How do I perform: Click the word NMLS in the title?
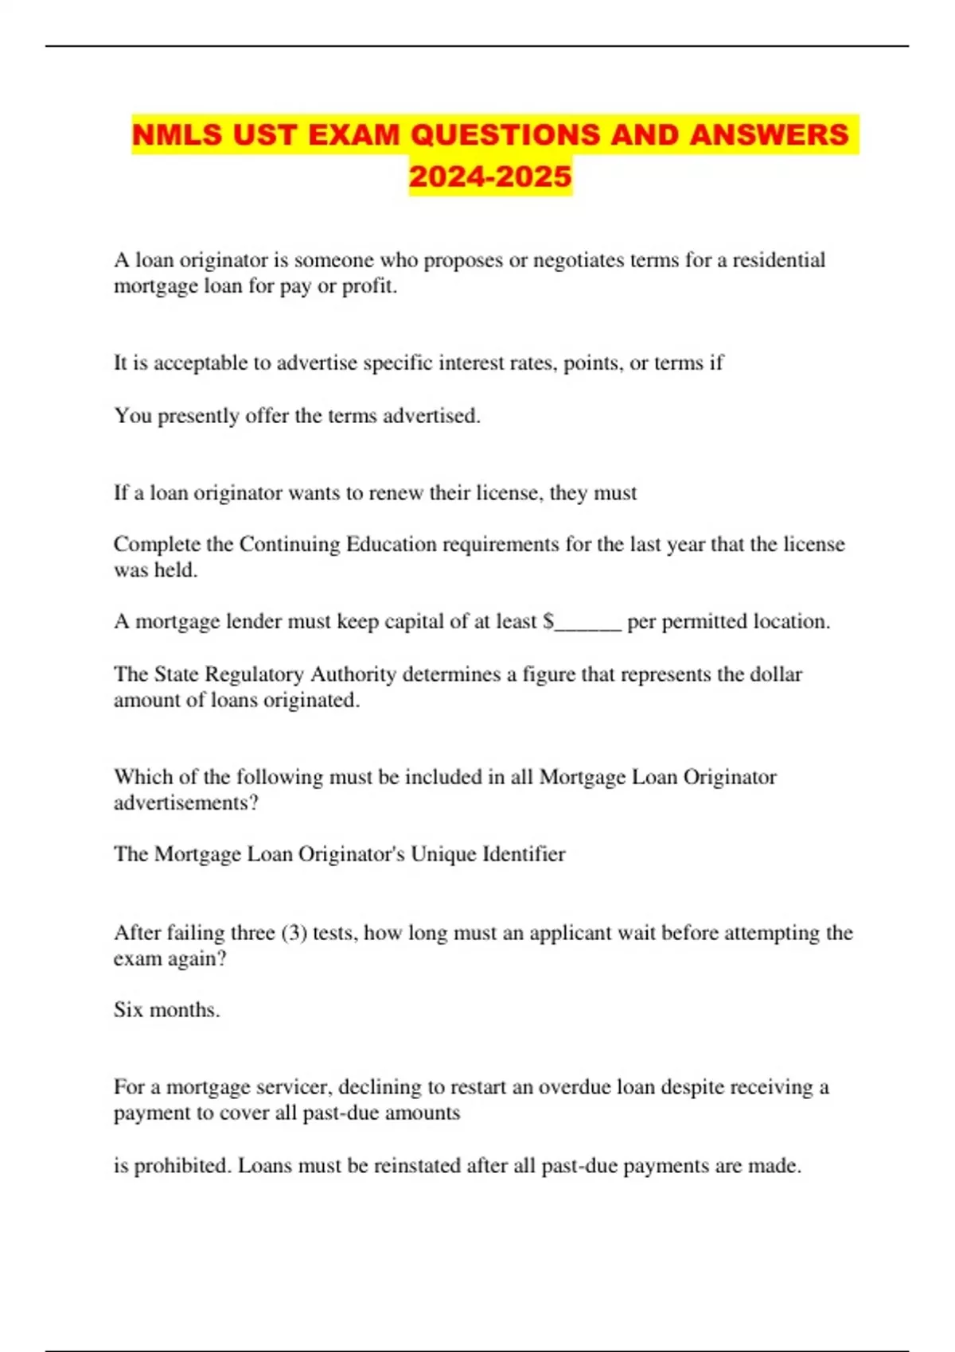[177, 134]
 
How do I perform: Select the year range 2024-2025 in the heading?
[490, 176]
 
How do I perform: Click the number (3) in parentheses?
[294, 932]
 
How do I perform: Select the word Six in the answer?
[128, 1010]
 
